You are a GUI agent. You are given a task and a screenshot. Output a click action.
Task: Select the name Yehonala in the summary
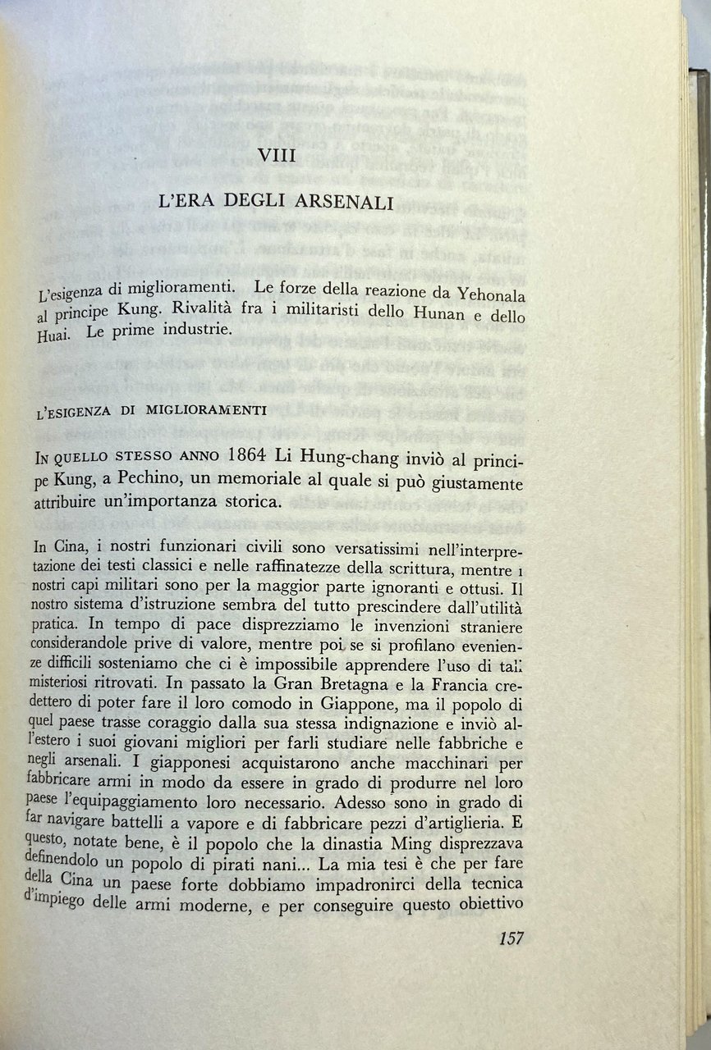pyautogui.click(x=493, y=293)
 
